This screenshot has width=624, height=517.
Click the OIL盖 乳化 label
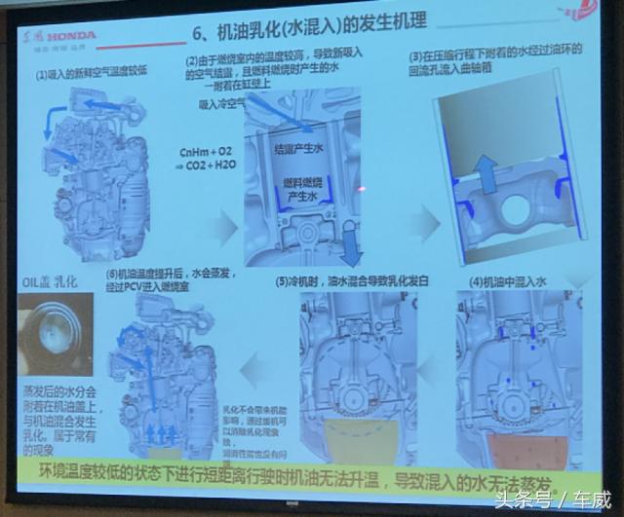coord(52,281)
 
